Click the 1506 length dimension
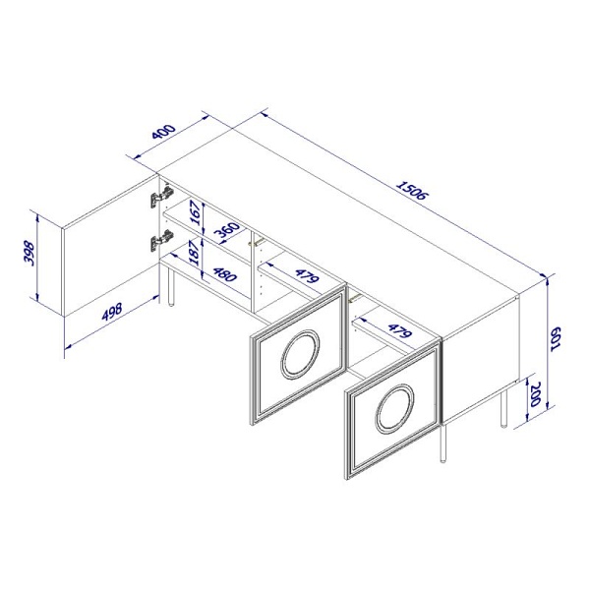(x=412, y=191)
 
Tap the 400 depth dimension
(x=163, y=132)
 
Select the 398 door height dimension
(x=29, y=254)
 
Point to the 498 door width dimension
(x=112, y=312)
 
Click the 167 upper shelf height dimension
(x=196, y=212)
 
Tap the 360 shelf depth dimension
(x=227, y=231)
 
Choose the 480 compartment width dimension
(x=224, y=274)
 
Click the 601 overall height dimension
(x=556, y=338)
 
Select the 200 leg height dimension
(x=535, y=394)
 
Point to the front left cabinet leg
(x=171, y=285)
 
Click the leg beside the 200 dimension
(x=503, y=409)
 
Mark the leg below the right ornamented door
(x=444, y=443)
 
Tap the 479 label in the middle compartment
(x=307, y=275)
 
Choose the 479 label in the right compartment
(x=400, y=330)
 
